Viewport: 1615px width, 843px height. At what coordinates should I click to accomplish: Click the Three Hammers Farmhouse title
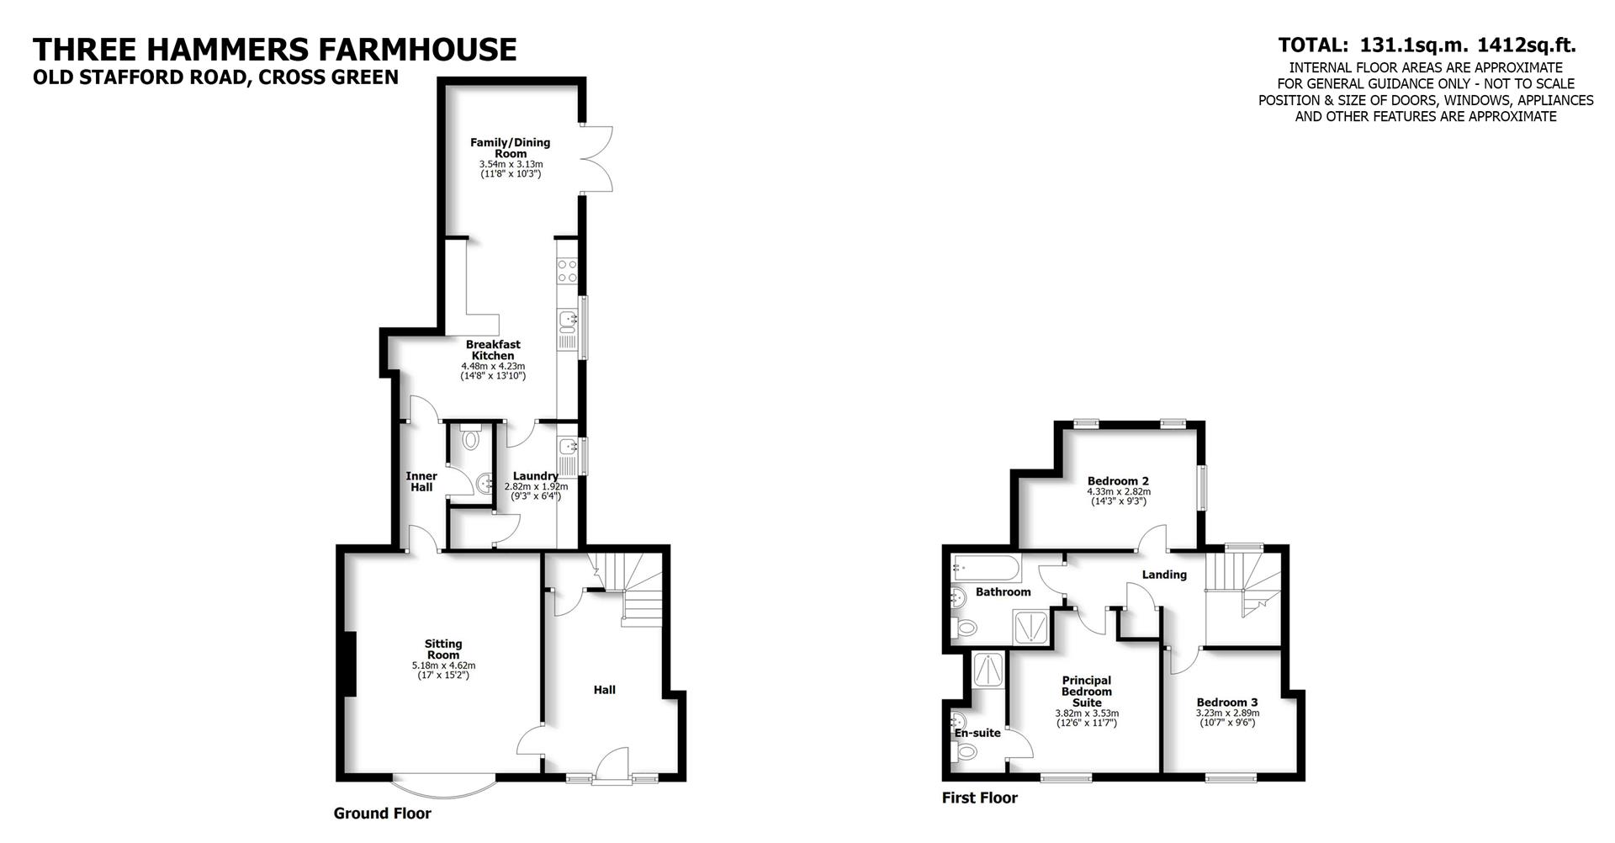(274, 50)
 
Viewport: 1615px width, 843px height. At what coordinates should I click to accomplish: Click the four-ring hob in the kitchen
(567, 271)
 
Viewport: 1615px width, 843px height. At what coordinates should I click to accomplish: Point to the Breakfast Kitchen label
(493, 350)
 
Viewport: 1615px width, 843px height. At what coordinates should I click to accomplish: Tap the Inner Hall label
(421, 481)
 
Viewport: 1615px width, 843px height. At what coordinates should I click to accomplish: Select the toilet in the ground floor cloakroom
(471, 438)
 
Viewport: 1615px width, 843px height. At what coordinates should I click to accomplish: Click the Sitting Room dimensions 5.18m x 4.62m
(443, 665)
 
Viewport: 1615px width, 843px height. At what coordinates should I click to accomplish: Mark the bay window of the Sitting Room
(444, 787)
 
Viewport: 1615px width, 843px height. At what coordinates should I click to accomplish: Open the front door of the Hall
(612, 766)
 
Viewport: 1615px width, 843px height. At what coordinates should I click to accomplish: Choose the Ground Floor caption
(382, 814)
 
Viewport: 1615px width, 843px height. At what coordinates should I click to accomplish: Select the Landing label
(1163, 575)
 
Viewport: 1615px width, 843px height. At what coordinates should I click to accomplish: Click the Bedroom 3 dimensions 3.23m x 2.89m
(1227, 713)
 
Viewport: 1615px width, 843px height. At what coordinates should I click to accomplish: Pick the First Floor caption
(979, 798)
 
